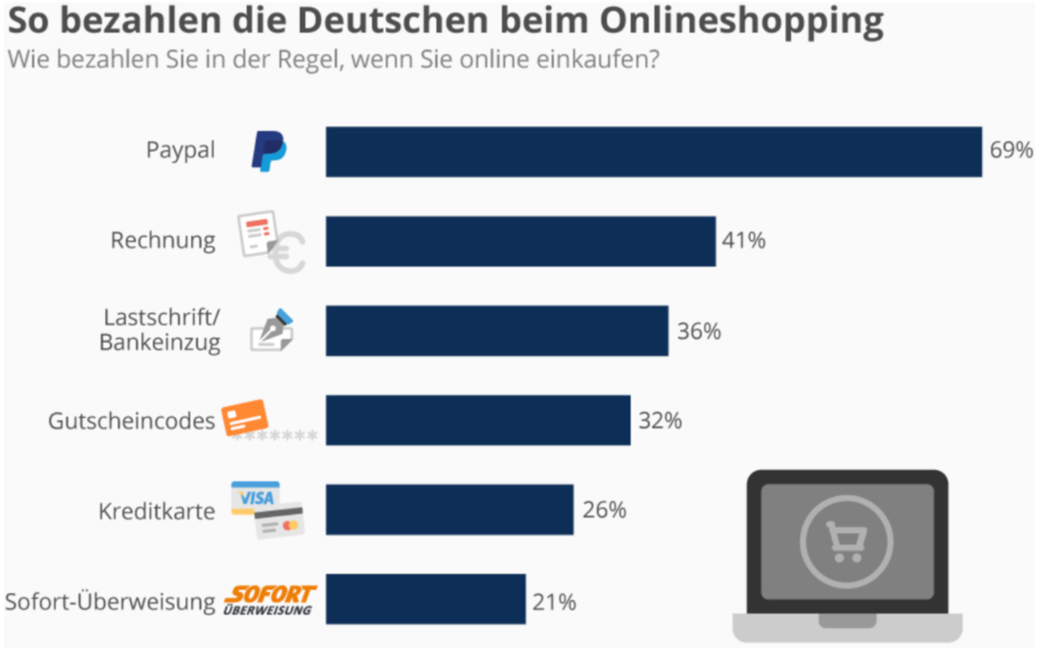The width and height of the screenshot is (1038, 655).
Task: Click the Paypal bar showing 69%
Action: [x=653, y=152]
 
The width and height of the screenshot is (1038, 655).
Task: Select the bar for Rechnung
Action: [x=520, y=241]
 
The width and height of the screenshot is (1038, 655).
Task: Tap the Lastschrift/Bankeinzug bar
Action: [x=497, y=330]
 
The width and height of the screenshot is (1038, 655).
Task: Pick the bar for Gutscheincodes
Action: [x=478, y=420]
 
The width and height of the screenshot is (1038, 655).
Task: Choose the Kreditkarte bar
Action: [x=449, y=510]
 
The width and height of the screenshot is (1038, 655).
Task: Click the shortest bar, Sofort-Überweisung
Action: [x=425, y=600]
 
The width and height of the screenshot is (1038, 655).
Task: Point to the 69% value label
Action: [x=1010, y=151]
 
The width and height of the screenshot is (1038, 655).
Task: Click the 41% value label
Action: [x=743, y=241]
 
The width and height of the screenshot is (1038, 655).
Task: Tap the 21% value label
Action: [x=553, y=602]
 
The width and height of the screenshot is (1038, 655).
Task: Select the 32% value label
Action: [x=660, y=421]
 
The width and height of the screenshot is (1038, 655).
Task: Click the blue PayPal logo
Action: [x=268, y=151]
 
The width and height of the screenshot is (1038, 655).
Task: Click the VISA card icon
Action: [x=255, y=498]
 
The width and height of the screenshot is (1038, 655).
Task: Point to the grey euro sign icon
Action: [x=288, y=253]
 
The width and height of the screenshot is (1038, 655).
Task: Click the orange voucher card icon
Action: [x=245, y=417]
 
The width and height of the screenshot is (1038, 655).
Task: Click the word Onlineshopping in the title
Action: [x=741, y=21]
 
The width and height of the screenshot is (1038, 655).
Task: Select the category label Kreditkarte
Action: [x=157, y=512]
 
